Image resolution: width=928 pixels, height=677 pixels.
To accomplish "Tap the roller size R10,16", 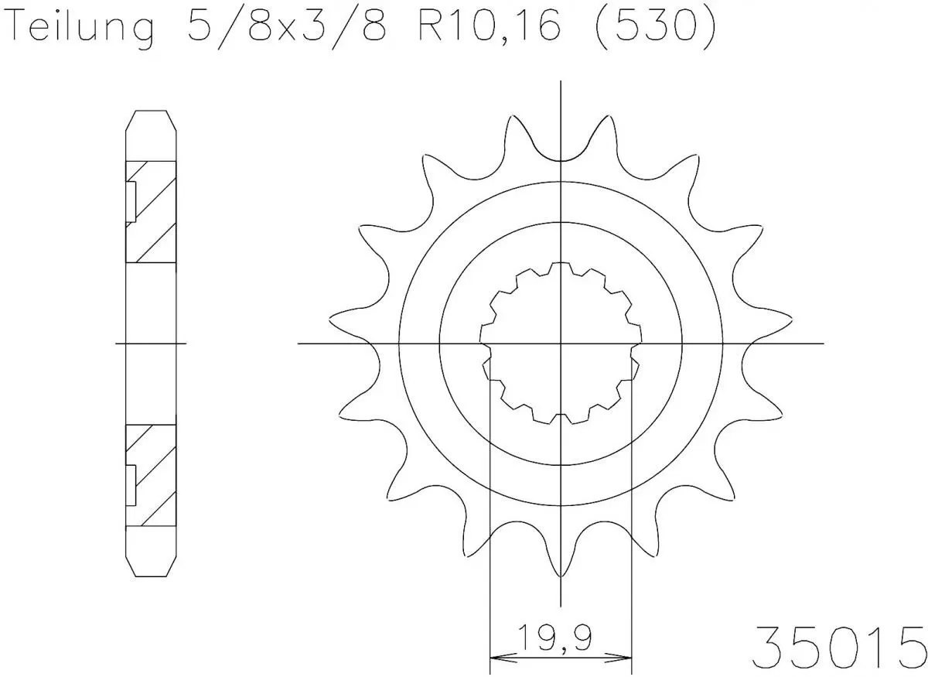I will [x=494, y=29].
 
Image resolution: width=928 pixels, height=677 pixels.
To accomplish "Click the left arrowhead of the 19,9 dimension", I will [x=500, y=658].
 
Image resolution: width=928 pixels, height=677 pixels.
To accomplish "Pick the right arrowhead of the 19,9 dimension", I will [x=624, y=658].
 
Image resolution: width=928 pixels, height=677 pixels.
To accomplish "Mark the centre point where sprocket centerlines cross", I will [x=561, y=343].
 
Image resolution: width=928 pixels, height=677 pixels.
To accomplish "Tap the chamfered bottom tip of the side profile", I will [x=151, y=571].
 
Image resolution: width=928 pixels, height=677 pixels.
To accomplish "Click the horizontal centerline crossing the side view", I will [x=151, y=343].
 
